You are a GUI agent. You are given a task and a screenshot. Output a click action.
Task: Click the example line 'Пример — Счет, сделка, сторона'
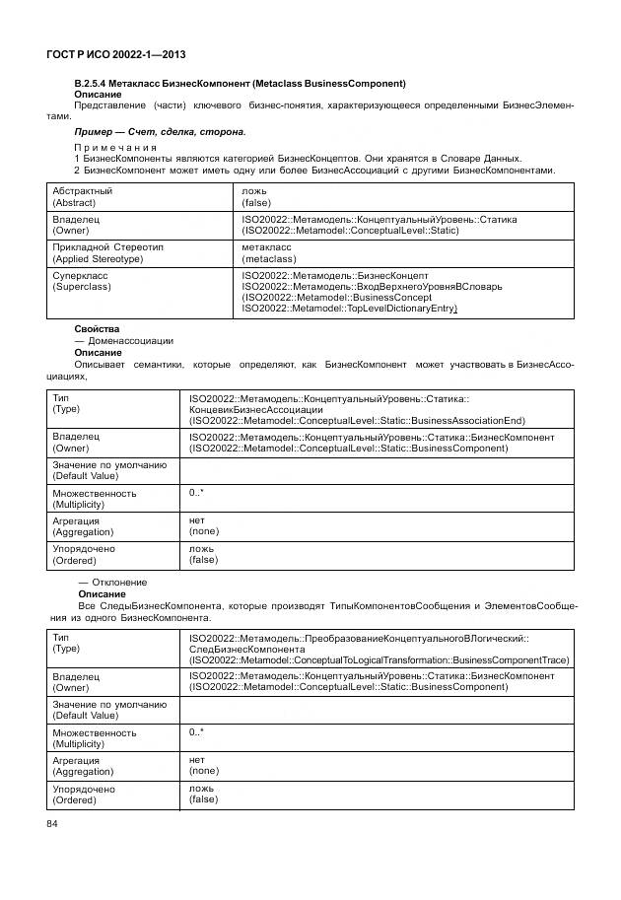pos(160,131)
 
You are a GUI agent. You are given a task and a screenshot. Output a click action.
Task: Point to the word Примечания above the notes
pos(115,147)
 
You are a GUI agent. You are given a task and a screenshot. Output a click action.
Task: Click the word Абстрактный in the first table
pos(83,190)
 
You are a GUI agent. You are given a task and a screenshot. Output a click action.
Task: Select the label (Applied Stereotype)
pos(98,258)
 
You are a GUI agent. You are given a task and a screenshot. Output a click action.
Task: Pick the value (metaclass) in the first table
pos(269,258)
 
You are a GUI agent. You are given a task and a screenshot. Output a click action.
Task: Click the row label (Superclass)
pos(82,287)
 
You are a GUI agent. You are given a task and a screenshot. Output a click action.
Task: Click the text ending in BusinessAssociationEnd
pos(357,420)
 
